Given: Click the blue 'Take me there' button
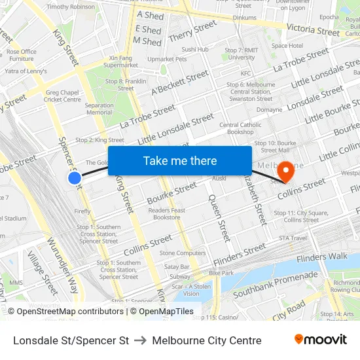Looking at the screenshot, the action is pos(180,161).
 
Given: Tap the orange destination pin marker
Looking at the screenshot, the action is pos(285,171).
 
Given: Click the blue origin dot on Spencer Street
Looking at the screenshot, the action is pos(75,177).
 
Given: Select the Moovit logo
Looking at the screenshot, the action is pos(321,340).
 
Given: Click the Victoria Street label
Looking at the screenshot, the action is pos(314,31).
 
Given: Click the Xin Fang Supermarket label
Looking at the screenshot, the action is pos(120,62).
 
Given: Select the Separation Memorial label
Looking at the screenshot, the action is pos(99,109).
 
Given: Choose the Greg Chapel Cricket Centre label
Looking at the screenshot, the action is pos(63,96).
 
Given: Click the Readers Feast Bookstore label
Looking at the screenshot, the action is pos(167,214).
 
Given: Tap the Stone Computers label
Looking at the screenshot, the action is pos(183,253).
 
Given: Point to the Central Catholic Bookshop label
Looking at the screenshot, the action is pos(240,128).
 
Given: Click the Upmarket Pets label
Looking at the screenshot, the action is pos(167,59).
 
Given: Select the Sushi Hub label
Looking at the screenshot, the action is pos(195,49).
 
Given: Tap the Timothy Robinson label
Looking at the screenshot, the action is pos(71,7).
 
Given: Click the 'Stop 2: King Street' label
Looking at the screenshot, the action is pos(99,140).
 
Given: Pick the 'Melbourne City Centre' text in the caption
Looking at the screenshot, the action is pos(207,340).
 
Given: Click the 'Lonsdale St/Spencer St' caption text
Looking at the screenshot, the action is pos(71,340).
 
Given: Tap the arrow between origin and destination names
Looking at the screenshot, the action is pos(140,340).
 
